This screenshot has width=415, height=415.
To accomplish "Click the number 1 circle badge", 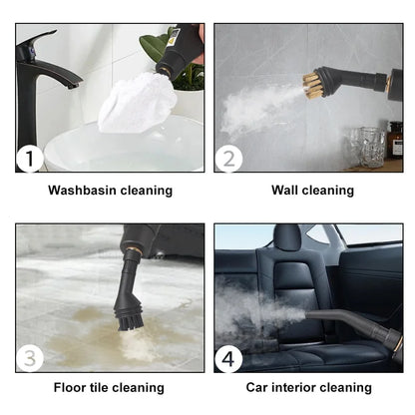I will [31, 158].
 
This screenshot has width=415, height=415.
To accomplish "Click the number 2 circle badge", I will [229, 158].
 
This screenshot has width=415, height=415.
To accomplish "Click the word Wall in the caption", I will [286, 190].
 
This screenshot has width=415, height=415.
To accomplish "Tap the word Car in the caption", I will [258, 388].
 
